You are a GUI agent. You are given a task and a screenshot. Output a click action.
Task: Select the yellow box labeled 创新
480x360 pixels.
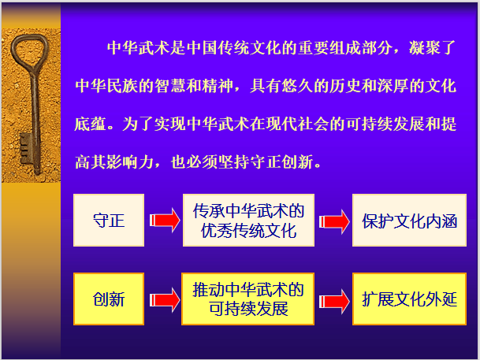point(109,299)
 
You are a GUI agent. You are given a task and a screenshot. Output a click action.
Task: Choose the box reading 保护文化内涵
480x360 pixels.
point(410,221)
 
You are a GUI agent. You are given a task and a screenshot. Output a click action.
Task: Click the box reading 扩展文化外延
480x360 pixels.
point(410,299)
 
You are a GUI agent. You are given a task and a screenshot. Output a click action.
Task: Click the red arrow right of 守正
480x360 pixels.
point(164,221)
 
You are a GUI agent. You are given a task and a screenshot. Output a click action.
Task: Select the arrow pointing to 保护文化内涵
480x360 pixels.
point(333,221)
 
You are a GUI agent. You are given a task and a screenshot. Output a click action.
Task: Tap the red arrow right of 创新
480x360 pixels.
point(164,299)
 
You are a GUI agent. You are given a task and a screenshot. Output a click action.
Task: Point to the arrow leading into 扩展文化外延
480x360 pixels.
point(333,299)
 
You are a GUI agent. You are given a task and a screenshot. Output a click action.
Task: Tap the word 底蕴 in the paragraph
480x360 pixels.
point(90,125)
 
